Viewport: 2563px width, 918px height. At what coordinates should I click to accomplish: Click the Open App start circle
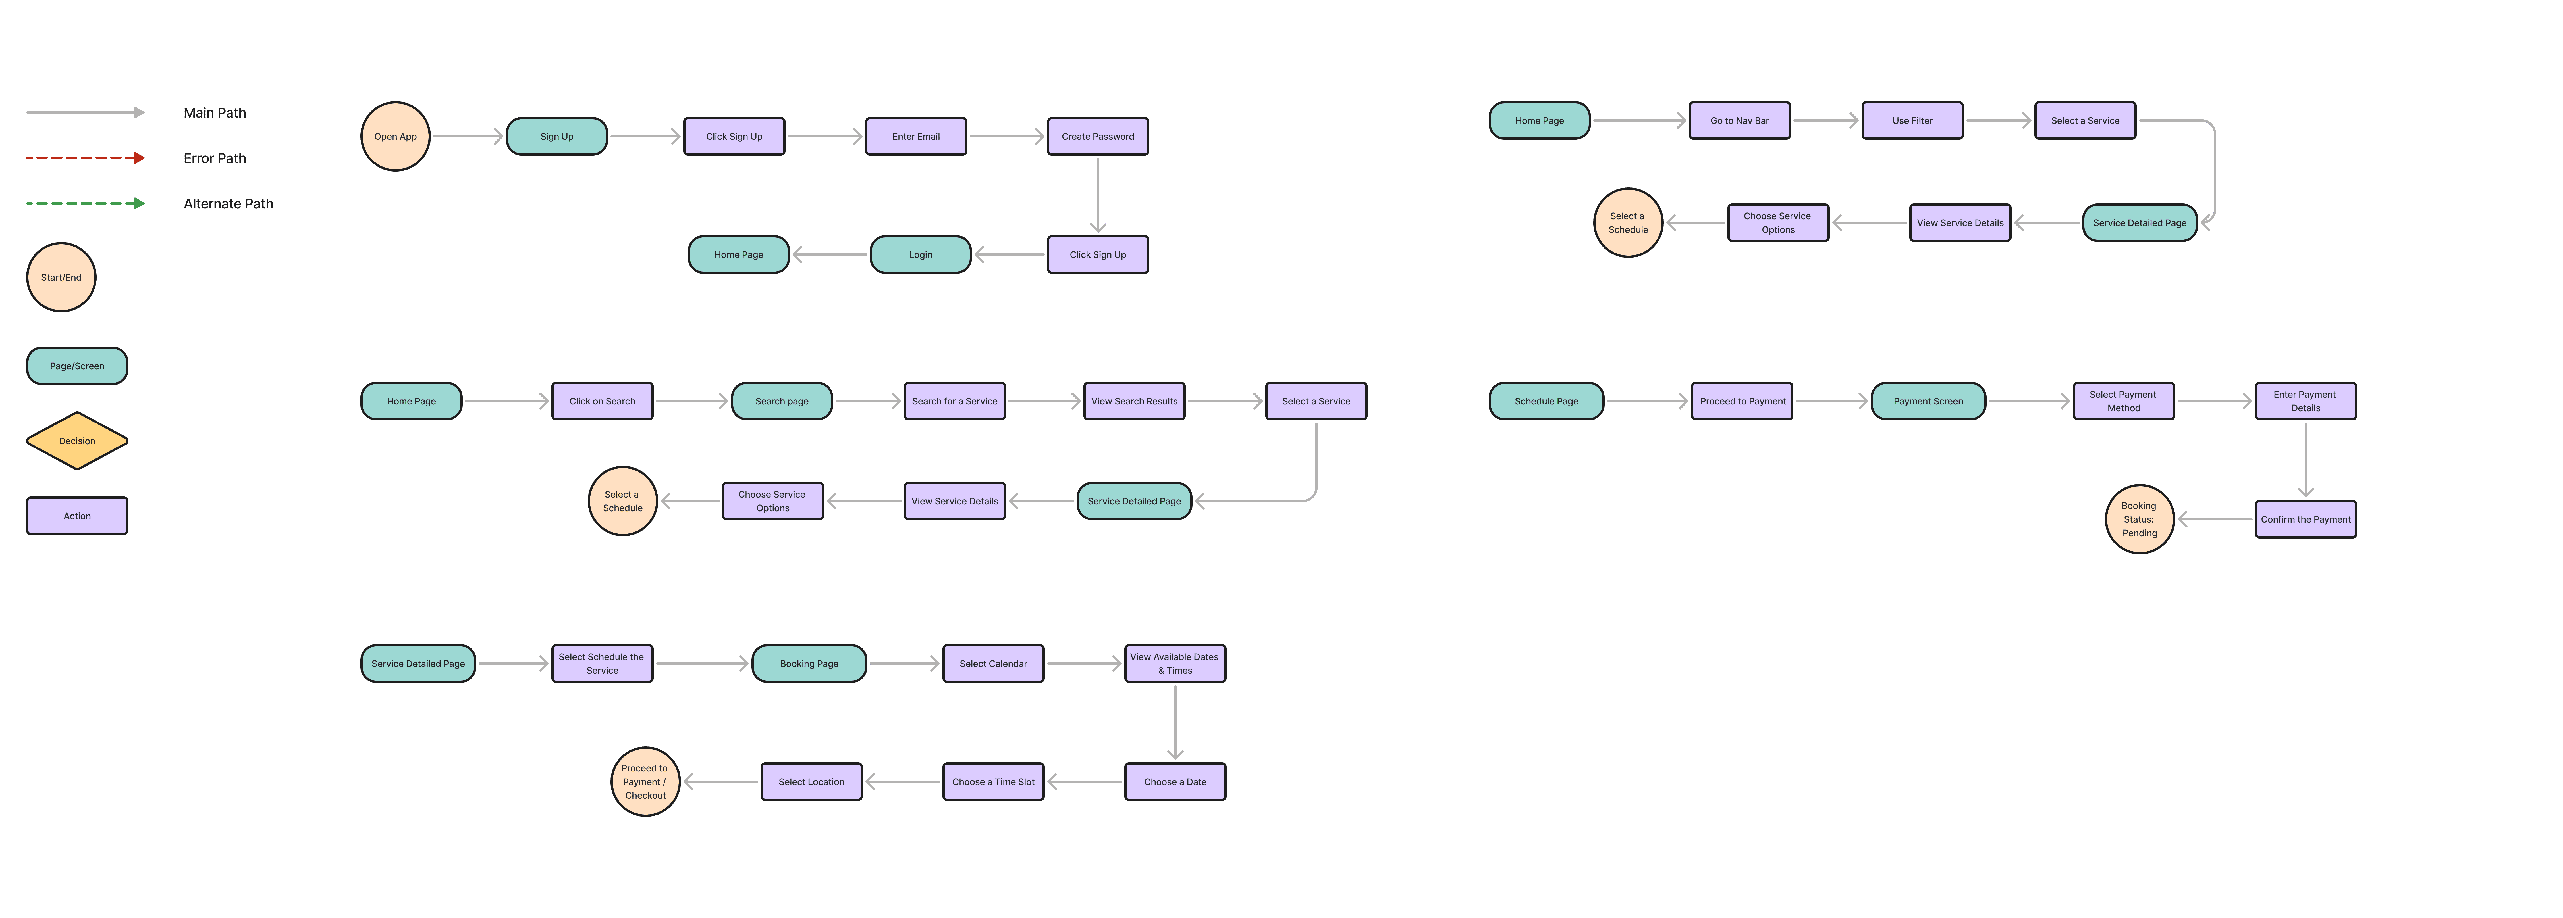(x=395, y=136)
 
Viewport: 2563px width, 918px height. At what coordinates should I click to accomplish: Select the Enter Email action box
(x=915, y=136)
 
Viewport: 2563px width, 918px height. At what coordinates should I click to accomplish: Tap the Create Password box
(x=1097, y=136)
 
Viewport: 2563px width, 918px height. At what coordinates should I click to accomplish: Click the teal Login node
(x=920, y=254)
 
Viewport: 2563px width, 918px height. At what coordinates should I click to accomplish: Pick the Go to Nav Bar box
(x=1739, y=120)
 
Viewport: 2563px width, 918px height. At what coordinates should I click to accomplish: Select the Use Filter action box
(x=1911, y=120)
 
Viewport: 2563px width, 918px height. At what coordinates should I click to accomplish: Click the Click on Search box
(x=602, y=401)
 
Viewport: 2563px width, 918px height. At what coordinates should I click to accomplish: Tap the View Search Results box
(x=1133, y=401)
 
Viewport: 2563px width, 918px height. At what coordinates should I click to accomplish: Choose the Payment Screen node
(x=1927, y=401)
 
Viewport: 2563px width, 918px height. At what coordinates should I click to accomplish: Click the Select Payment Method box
(x=2123, y=401)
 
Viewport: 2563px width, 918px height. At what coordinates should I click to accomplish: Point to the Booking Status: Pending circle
(x=2139, y=519)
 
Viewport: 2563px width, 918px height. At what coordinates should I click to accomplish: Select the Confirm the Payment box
(x=2305, y=519)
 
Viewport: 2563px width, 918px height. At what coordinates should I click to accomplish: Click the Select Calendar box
(x=993, y=664)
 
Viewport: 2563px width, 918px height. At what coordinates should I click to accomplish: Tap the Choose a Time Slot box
(x=993, y=782)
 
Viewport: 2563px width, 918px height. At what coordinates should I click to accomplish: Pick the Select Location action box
(x=811, y=782)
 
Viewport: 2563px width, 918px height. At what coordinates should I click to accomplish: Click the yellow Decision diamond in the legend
(x=77, y=441)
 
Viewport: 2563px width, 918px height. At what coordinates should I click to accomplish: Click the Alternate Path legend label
(x=228, y=204)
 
